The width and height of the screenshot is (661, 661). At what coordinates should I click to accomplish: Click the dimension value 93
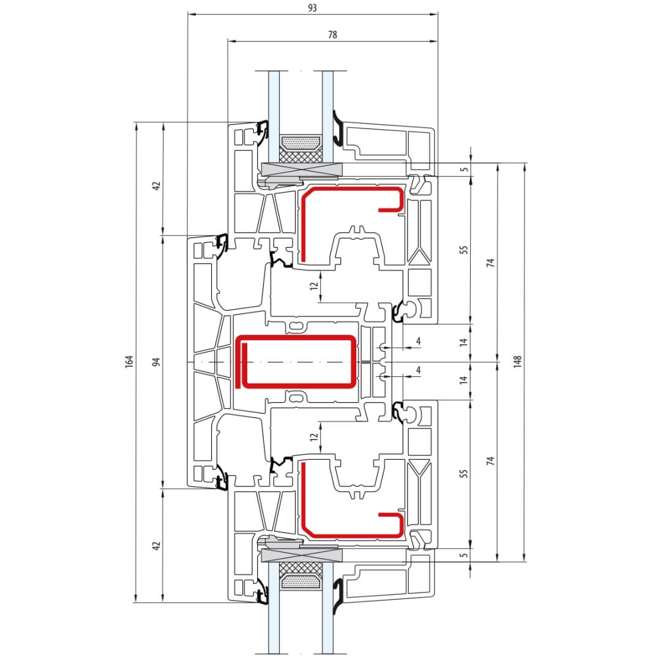312,8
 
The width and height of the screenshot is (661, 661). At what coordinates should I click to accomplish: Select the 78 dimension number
332,34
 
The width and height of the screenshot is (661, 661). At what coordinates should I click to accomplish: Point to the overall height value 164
129,362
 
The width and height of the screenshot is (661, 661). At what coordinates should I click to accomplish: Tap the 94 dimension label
157,362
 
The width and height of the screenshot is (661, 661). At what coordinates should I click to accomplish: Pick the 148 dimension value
518,362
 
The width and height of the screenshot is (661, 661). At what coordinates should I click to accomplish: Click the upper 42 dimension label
157,185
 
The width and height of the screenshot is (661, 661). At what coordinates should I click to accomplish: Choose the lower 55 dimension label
464,473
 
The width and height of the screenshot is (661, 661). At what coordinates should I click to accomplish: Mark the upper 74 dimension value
490,263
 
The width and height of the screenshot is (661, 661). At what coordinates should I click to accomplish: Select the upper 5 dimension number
464,170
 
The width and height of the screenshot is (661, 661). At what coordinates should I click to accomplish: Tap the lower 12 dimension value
314,437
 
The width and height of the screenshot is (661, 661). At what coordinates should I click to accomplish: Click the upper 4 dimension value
418,341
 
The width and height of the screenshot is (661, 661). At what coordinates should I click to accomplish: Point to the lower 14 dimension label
464,380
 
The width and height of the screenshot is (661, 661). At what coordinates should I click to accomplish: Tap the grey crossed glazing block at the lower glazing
302,556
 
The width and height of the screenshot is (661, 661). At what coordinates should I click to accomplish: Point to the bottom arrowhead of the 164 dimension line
136,599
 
